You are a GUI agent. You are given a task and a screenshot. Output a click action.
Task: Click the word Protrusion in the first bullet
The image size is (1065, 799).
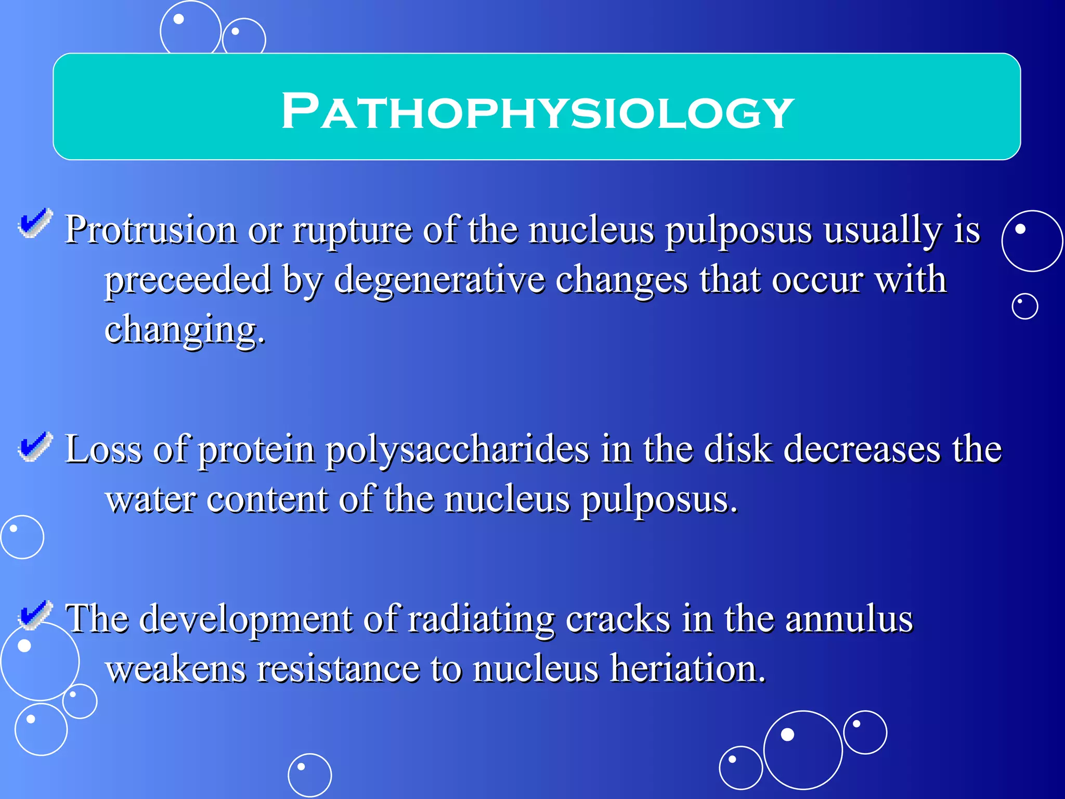(151, 230)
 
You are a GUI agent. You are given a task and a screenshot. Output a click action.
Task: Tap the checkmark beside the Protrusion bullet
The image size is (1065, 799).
(35, 223)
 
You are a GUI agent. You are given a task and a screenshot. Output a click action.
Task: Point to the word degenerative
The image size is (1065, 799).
(439, 280)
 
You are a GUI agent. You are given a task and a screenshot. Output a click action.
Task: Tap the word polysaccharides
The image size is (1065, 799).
(457, 449)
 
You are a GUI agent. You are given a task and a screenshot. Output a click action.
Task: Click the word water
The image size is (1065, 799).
(151, 499)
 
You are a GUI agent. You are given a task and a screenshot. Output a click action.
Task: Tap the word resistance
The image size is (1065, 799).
(338, 669)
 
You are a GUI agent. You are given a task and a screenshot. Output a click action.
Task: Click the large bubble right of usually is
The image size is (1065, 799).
(1032, 241)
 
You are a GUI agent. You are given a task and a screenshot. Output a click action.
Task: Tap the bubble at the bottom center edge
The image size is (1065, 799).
(309, 775)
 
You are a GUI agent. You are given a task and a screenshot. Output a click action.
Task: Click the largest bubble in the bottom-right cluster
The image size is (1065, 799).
(802, 750)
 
